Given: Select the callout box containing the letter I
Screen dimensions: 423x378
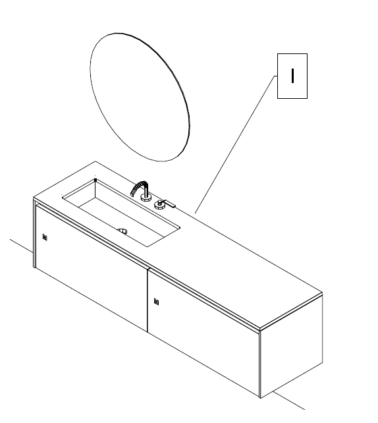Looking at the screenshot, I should click(292, 76).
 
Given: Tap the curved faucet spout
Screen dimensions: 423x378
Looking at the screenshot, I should click(141, 185).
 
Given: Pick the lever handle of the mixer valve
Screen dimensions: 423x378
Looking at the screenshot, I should click(169, 204).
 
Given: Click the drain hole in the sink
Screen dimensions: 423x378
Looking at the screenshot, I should click(122, 231).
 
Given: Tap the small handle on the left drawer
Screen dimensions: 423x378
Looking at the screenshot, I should click(44, 238).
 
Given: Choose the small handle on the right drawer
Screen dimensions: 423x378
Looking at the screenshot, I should click(156, 302).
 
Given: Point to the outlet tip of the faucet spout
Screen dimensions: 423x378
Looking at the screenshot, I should click(132, 194).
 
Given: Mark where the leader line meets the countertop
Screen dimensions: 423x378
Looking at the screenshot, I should click(196, 213).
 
